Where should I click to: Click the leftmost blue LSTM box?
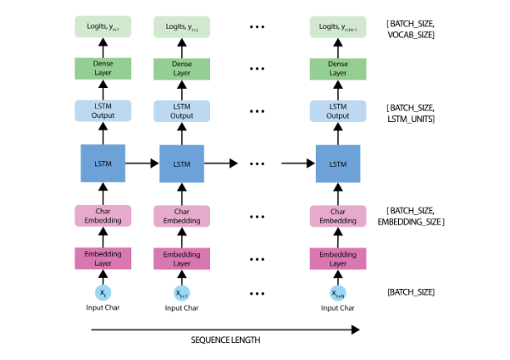(x=103, y=162)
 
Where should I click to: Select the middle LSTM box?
(x=181, y=162)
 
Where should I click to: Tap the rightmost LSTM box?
(x=338, y=162)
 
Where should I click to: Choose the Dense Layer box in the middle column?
(x=181, y=69)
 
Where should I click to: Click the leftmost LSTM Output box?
(x=103, y=111)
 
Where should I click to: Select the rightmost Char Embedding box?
(x=338, y=216)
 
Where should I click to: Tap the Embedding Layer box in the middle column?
(x=181, y=258)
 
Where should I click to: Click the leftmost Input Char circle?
(x=103, y=293)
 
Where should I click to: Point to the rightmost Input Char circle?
(x=338, y=293)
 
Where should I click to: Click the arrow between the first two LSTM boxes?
(x=142, y=162)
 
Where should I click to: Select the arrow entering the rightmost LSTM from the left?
(x=297, y=162)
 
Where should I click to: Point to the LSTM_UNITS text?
(x=411, y=119)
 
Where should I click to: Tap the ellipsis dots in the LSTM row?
(x=258, y=163)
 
